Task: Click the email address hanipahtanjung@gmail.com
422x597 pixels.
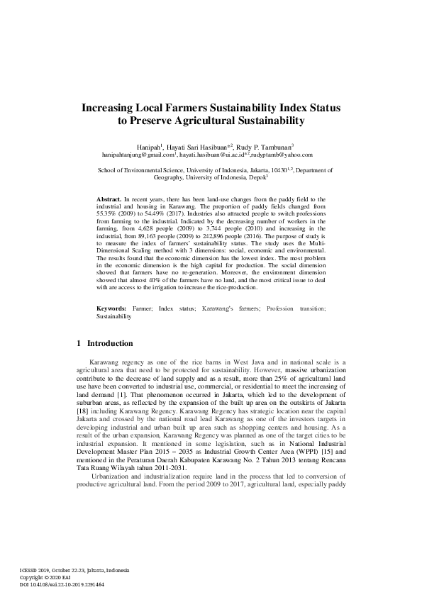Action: tap(138, 154)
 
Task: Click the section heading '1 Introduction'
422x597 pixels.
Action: tap(104, 344)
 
